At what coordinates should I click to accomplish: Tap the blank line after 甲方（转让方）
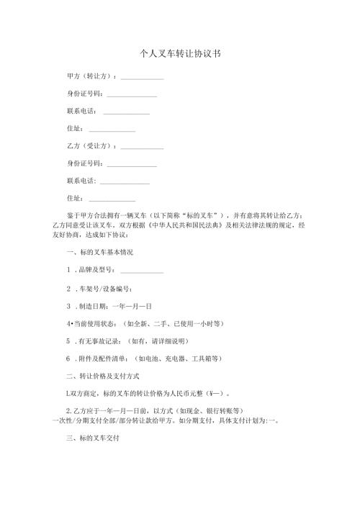tap(142, 78)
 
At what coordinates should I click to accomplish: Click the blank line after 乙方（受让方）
tap(142, 148)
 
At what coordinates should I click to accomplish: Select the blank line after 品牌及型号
tap(142, 273)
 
